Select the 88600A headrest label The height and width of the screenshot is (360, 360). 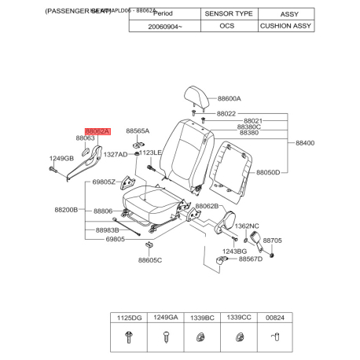[x=229, y=99]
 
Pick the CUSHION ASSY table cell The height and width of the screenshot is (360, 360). [x=285, y=25]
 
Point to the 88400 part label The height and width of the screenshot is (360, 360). [x=304, y=143]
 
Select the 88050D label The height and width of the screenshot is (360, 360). [x=268, y=171]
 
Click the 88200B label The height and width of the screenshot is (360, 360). [x=66, y=210]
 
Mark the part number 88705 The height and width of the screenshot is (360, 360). [x=272, y=241]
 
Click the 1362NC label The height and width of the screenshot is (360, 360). [x=247, y=226]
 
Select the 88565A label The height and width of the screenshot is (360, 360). [x=138, y=131]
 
